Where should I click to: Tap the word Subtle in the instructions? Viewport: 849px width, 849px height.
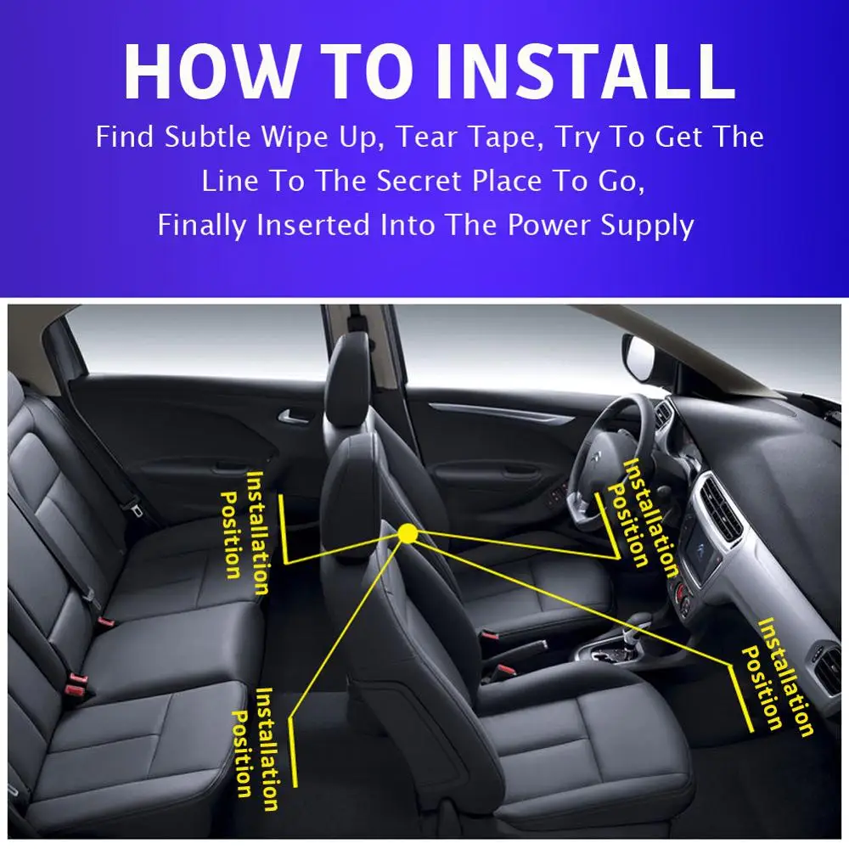pos(207,137)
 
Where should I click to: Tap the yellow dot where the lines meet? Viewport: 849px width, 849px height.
pos(408,533)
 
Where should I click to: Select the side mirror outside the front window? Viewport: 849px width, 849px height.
pos(639,357)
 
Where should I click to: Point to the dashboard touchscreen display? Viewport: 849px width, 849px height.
pos(702,552)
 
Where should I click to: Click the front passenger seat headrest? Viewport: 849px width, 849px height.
pos(347,374)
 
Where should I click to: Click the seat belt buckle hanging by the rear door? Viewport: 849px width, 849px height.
pos(134,509)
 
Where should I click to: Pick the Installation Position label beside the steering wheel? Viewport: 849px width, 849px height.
pos(643,517)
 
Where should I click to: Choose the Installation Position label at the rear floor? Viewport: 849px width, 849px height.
pos(255,750)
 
